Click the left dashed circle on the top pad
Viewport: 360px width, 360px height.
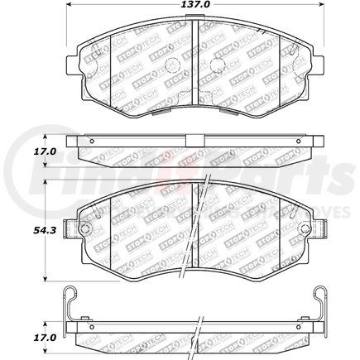(x=170, y=66)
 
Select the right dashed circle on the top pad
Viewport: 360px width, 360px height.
(x=218, y=66)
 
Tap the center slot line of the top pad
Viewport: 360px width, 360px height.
(x=193, y=58)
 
